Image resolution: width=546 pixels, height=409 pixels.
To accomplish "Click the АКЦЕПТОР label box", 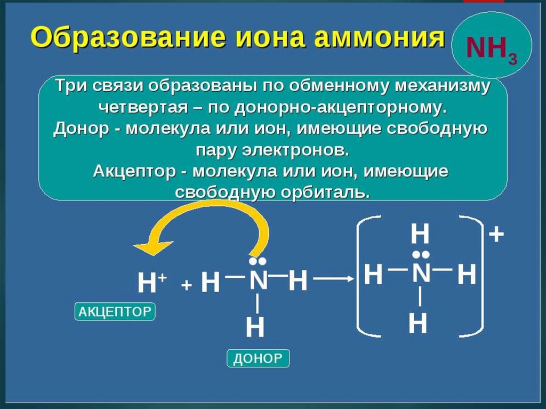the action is [x=115, y=312].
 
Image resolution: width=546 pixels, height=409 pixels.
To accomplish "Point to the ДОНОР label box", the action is [x=258, y=358].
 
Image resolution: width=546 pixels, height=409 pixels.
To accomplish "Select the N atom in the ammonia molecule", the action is [x=259, y=280].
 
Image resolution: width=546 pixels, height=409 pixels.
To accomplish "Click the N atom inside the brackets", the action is [x=421, y=274].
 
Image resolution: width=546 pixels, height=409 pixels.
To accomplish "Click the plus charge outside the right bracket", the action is [x=496, y=234].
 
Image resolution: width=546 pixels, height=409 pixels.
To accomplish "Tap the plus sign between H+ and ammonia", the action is [x=186, y=286].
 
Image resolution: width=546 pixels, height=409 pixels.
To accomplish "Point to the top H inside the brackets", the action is [x=420, y=234].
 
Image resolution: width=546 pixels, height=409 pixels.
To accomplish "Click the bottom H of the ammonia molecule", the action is [x=255, y=327].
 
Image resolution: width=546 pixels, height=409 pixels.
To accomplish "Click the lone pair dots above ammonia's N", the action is [x=258, y=262].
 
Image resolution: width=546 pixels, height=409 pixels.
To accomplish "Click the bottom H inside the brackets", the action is [x=418, y=323].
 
